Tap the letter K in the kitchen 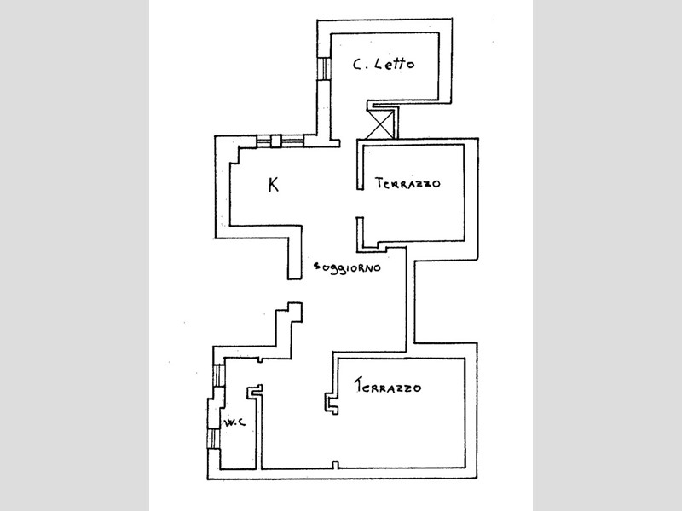[273, 185]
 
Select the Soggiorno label [346, 267]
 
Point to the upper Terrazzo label [406, 183]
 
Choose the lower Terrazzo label [390, 388]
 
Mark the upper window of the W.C [219, 375]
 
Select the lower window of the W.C [212, 439]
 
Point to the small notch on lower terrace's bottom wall [336, 464]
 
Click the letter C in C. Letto [358, 64]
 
